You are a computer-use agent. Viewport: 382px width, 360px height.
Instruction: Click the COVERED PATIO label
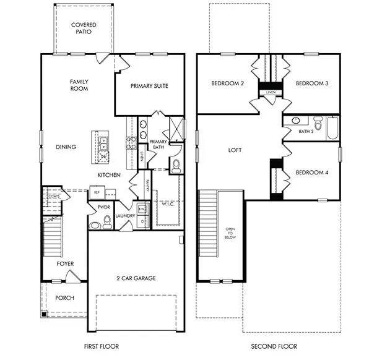coord(83,28)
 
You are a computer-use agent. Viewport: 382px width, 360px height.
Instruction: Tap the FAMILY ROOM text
coord(79,85)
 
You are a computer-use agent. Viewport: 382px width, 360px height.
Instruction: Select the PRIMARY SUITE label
coord(149,86)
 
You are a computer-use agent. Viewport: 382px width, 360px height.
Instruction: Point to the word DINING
coord(66,147)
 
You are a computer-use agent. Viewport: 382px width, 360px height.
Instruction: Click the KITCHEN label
coord(108,176)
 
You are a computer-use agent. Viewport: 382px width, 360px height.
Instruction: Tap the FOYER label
coord(65,264)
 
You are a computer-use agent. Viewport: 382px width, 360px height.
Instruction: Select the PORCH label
coord(64,298)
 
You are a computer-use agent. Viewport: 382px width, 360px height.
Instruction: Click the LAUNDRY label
coord(124,216)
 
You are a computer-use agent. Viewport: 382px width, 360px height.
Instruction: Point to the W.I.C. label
coord(168,204)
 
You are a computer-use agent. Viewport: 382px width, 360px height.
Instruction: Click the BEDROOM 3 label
coord(311,84)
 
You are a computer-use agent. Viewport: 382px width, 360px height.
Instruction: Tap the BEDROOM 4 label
coord(311,173)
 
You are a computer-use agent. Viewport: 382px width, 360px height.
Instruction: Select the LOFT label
coord(235,150)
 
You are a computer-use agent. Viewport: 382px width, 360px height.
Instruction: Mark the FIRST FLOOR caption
coord(101,346)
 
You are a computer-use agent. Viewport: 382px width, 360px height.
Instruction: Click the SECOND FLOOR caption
coord(274,346)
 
